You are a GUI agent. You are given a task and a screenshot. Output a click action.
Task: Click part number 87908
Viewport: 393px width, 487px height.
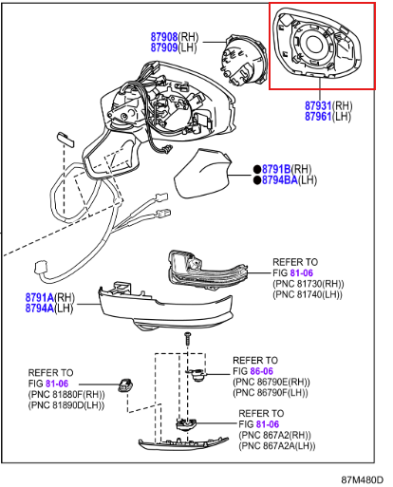(164, 37)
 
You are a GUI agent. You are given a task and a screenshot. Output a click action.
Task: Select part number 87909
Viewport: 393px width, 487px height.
(164, 47)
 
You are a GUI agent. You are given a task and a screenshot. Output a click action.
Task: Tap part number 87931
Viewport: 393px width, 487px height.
(318, 105)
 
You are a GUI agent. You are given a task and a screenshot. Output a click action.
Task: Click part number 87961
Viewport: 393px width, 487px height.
(318, 117)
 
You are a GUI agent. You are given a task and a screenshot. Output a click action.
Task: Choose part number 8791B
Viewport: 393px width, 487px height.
(276, 169)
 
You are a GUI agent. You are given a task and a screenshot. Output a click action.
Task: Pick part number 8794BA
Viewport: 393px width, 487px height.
(280, 179)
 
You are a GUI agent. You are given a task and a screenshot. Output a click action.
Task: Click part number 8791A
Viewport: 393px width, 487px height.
(40, 297)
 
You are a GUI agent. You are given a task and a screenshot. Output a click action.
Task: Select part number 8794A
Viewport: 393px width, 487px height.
(40, 308)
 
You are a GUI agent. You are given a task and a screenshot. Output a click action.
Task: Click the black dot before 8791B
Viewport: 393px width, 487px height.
(257, 169)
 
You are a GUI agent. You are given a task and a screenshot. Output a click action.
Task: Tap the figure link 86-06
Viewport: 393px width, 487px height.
(261, 371)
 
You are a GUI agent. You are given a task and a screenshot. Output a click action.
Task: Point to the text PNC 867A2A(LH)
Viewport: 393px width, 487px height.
(277, 446)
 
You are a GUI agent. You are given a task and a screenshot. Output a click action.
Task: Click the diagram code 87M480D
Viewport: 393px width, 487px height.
(362, 479)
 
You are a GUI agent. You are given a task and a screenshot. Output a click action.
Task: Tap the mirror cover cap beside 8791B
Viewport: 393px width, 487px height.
(202, 173)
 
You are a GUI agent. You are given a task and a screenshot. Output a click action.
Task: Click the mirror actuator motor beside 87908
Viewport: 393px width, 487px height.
(243, 60)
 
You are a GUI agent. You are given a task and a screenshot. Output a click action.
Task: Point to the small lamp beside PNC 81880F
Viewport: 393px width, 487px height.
(125, 385)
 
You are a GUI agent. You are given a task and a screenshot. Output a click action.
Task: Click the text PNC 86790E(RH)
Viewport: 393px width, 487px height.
(271, 382)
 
